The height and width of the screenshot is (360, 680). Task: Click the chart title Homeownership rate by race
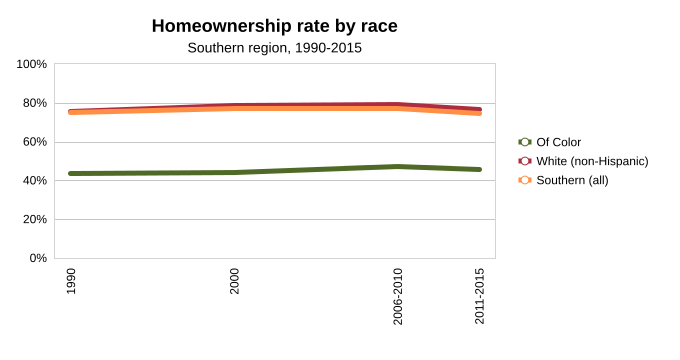275,26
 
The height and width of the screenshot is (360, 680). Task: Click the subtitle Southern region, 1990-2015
275,48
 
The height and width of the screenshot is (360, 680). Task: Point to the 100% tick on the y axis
32,64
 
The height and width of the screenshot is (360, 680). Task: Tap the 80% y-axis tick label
35,103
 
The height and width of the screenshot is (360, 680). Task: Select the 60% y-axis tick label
35,142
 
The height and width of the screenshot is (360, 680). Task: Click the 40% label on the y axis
35,180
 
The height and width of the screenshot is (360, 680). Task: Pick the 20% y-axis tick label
35,219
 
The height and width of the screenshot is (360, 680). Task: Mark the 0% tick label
38,258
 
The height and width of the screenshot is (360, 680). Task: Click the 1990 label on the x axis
71,281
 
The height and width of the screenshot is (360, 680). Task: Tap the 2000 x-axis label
235,281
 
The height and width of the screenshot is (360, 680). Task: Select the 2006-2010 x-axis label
398,296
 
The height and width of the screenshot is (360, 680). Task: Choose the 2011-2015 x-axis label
479,296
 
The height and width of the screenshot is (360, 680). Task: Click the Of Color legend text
559,142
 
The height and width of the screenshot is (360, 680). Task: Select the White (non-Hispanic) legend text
592,161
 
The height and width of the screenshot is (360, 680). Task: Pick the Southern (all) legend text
572,180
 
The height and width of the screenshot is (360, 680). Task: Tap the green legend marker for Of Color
525,142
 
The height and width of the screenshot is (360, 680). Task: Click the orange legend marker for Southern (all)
525,180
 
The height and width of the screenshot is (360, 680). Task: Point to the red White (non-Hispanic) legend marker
525,161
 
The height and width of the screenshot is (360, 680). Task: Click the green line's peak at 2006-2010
398,167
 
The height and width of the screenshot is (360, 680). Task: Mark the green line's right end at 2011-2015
479,170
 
